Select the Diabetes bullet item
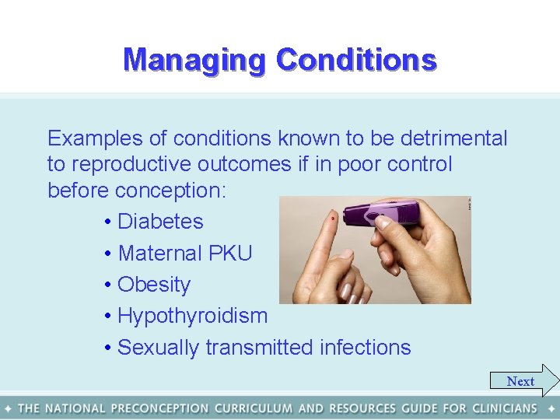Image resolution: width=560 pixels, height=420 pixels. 159,222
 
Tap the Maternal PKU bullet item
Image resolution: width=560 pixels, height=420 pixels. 184,254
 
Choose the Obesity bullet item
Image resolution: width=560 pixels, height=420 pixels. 153,285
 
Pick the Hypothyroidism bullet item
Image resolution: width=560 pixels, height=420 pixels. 192,316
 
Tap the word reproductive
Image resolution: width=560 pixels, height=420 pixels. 131,165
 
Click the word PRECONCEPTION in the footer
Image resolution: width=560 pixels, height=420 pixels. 159,408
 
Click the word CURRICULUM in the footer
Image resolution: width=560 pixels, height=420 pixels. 254,408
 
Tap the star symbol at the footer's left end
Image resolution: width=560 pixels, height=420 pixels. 8,408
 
